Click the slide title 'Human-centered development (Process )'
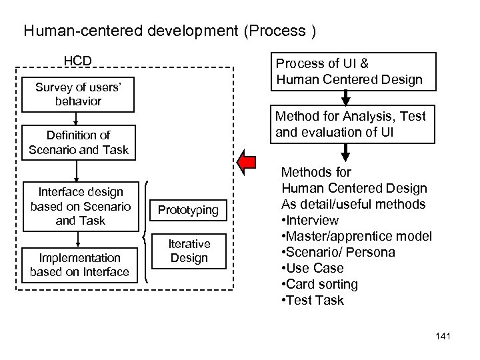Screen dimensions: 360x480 coord(169,31)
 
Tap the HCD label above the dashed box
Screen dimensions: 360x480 coord(77,61)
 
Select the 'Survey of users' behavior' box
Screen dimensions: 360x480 coord(78,94)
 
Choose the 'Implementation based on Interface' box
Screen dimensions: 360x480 coord(79,264)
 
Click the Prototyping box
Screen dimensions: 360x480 coord(189,210)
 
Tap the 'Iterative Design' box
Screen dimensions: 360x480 coord(189,251)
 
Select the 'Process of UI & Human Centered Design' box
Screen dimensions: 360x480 coord(350,72)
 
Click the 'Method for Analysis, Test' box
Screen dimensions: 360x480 coord(350,124)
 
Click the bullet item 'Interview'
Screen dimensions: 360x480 coord(310,220)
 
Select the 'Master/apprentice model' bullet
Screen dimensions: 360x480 coord(357,236)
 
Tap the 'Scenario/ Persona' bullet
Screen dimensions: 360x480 coord(338,252)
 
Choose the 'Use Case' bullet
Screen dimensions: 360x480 coord(313,268)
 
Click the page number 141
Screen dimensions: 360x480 coord(441,335)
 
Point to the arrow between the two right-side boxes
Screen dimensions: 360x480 coord(346,99)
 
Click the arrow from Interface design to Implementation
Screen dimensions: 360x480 coord(78,239)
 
